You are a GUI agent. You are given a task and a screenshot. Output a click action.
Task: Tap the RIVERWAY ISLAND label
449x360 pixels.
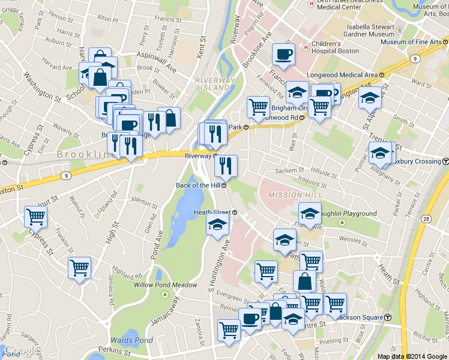coord(214,84)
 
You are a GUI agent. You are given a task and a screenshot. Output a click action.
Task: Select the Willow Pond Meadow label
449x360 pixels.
coord(165,285)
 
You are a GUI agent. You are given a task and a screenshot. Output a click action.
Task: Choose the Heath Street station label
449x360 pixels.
coord(212,212)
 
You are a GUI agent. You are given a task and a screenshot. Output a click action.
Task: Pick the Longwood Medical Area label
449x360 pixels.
coord(342,74)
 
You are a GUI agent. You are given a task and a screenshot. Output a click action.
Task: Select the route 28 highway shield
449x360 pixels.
coord(424,220)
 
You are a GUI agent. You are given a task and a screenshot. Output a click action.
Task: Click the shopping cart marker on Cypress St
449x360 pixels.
coord(36,217)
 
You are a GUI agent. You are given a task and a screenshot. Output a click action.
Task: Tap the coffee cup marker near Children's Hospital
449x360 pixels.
coord(283,54)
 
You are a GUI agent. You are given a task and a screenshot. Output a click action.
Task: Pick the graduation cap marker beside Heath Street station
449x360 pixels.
coord(217,226)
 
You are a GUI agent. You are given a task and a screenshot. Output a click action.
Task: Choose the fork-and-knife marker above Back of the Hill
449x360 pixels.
coord(226,166)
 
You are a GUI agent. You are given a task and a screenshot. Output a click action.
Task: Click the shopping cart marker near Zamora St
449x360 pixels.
coord(229,329)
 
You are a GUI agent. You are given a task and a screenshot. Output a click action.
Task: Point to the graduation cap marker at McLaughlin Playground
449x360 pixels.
coord(310,214)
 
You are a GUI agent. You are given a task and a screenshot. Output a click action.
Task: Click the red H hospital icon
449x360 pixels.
coord(306,45)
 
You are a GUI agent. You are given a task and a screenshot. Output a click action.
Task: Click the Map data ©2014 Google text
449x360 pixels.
coord(412,356)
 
